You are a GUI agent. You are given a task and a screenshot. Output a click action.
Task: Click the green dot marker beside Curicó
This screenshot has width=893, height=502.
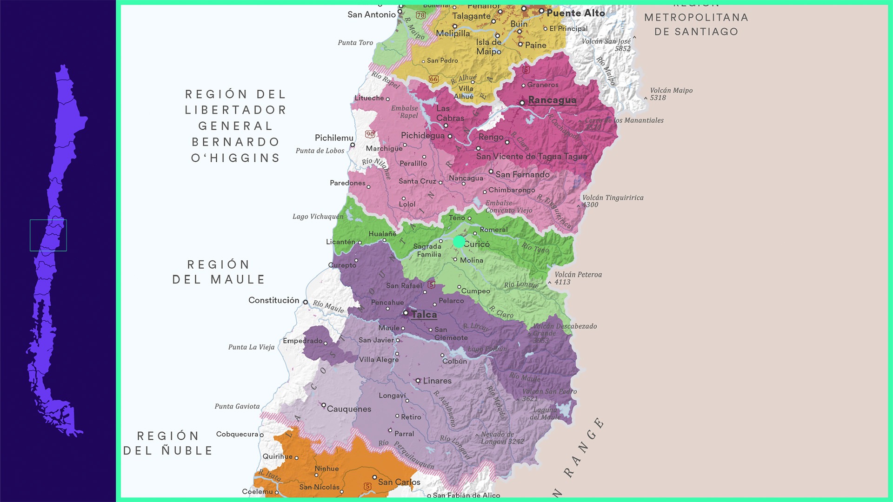click(x=459, y=242)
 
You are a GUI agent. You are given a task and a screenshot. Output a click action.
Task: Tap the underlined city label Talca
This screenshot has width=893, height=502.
click(x=424, y=315)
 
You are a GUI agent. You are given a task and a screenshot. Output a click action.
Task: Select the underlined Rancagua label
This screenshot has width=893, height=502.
click(x=552, y=100)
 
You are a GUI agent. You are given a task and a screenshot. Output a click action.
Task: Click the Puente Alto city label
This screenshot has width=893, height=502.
click(x=576, y=13)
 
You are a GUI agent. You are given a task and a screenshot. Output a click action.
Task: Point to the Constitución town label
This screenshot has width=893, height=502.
click(x=273, y=300)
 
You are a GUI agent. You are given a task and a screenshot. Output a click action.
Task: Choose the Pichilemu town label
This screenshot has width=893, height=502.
click(x=334, y=138)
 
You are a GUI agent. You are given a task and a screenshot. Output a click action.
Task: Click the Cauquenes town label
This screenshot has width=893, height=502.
click(x=349, y=409)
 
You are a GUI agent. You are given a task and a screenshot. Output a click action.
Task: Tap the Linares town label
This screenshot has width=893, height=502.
click(x=437, y=381)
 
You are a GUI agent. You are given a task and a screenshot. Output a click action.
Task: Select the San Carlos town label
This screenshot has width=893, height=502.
click(x=399, y=482)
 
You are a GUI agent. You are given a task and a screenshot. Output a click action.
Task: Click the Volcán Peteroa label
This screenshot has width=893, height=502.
click(x=578, y=278)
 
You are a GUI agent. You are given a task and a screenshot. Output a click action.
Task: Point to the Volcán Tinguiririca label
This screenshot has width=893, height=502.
click(x=613, y=201)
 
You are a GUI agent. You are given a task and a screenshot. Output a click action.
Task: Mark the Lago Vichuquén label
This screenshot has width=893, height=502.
click(x=318, y=217)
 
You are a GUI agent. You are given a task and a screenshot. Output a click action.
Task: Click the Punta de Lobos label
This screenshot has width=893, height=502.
click(x=320, y=151)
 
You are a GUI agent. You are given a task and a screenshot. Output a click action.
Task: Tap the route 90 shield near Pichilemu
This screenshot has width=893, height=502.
click(x=370, y=134)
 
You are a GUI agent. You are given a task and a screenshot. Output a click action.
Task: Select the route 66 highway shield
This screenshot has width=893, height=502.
click(x=434, y=79)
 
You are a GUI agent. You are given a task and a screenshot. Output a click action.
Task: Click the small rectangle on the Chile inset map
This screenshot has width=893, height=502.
click(x=48, y=235)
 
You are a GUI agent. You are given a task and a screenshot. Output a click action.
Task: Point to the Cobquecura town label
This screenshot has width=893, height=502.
click(x=237, y=434)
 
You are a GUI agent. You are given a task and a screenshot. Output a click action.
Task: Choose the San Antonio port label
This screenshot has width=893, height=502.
click(x=371, y=15)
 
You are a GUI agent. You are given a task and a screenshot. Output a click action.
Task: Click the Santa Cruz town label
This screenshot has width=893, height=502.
click(x=417, y=181)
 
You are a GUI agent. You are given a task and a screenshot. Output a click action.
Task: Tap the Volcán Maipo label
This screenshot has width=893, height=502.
click(x=671, y=94)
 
